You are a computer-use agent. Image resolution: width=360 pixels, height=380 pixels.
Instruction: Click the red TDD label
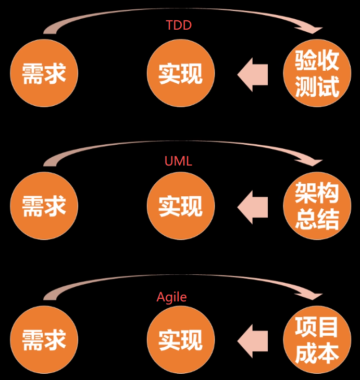click(x=179, y=25)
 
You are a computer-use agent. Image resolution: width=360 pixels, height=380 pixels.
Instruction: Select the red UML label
click(x=178, y=161)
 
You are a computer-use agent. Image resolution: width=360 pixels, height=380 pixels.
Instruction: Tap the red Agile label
click(x=171, y=297)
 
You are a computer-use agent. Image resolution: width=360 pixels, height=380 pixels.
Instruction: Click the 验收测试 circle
click(x=317, y=73)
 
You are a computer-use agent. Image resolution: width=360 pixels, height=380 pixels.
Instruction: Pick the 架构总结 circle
click(x=317, y=206)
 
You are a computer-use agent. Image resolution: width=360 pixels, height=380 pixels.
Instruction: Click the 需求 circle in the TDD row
click(x=44, y=73)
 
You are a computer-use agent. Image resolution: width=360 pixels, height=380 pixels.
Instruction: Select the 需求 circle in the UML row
click(x=44, y=206)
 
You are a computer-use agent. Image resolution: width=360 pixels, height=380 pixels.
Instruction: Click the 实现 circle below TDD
click(x=181, y=73)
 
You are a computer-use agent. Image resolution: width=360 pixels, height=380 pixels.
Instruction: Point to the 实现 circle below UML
click(x=181, y=206)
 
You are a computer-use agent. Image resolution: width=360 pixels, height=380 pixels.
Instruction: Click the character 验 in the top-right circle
click(x=305, y=61)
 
